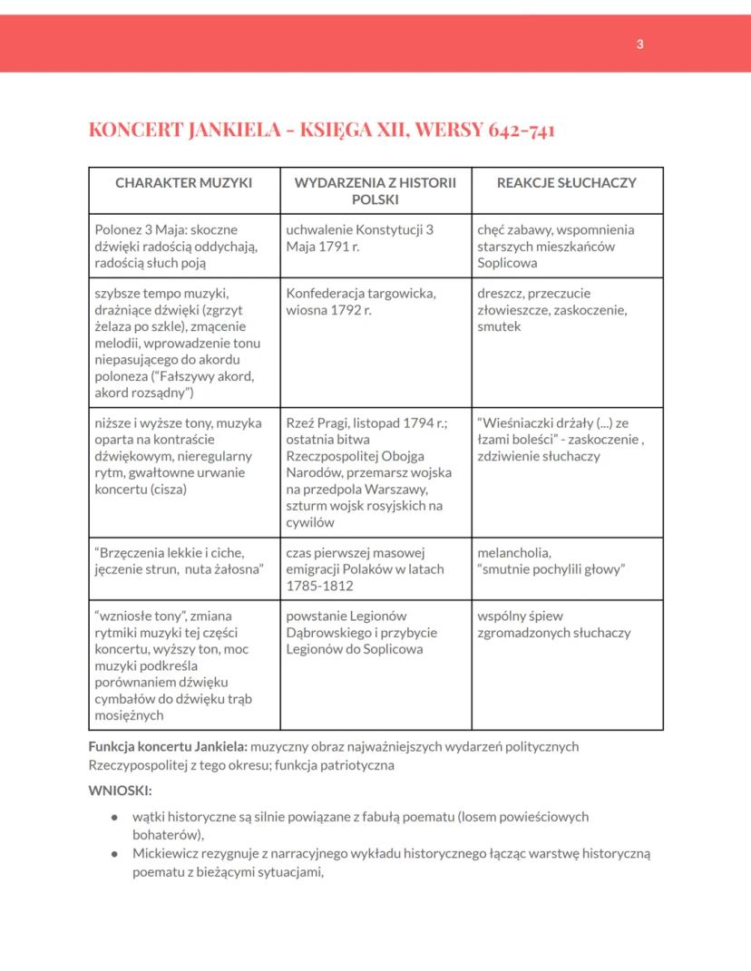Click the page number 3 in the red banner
coord(640,44)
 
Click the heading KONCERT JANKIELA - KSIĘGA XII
coord(322,130)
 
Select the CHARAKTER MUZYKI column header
coord(183,182)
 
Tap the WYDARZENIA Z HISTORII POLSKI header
coord(375,190)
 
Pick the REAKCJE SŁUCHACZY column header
coord(567,182)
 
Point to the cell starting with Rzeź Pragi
coord(374,471)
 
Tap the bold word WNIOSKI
coord(120,790)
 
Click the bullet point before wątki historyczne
coord(114,817)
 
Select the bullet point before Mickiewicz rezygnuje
coord(114,854)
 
